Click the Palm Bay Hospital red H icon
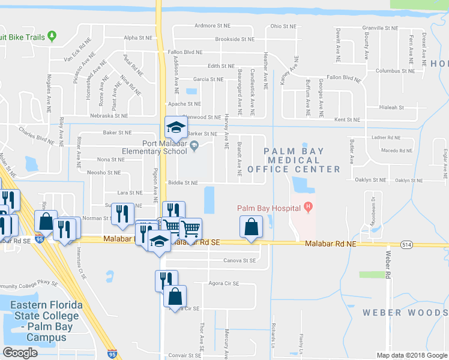(309, 208)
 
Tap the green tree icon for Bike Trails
(52, 37)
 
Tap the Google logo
(21, 353)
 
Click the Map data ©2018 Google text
(411, 355)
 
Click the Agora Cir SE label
(223, 283)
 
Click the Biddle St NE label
(183, 183)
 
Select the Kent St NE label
(347, 120)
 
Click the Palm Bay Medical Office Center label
(302, 160)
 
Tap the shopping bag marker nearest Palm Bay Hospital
(251, 227)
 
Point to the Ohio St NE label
(283, 26)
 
